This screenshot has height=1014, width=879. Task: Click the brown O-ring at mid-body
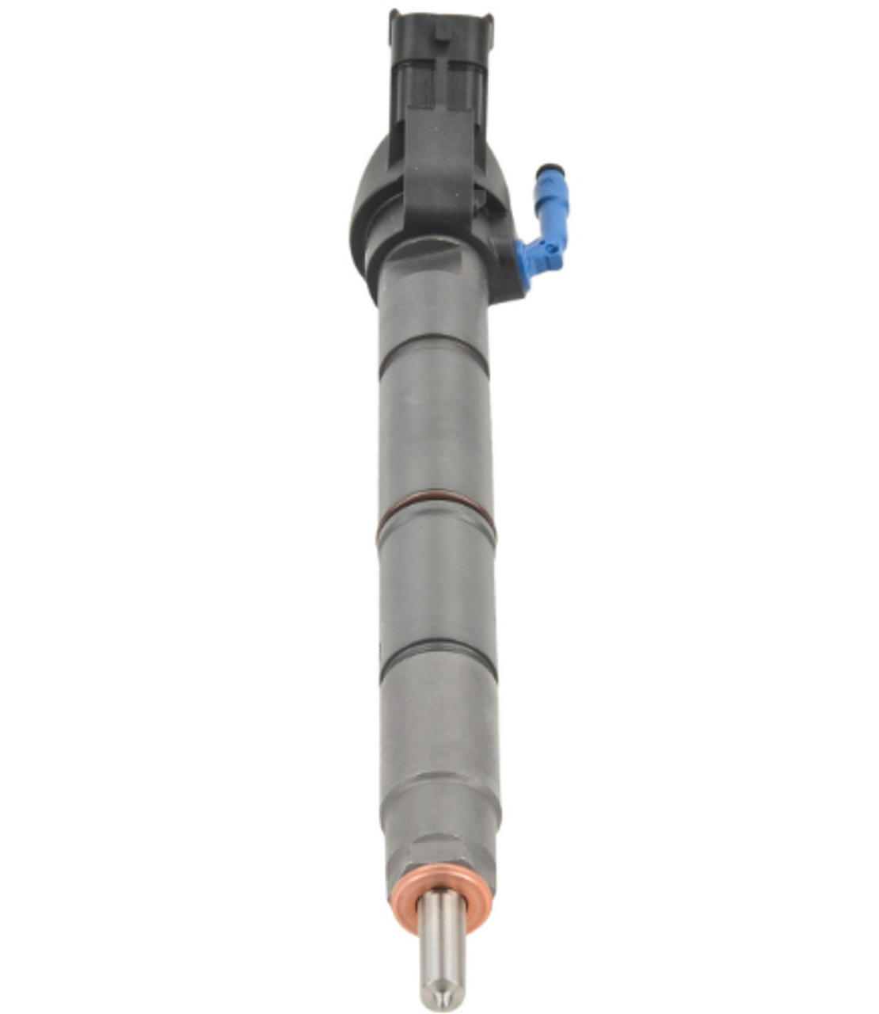435,508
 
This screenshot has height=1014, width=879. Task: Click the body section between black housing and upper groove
432,293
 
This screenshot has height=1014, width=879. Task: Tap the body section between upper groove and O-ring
433,428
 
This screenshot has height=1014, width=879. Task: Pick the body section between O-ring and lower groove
436,582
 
